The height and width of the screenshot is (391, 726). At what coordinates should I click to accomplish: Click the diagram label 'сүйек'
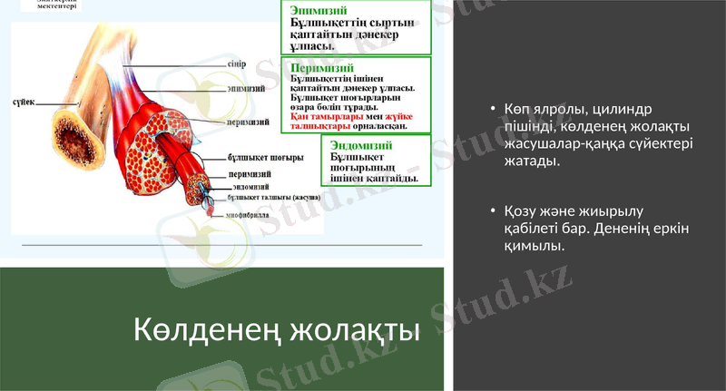(x=25, y=103)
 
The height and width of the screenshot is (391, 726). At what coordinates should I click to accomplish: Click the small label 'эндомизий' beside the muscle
(x=247, y=186)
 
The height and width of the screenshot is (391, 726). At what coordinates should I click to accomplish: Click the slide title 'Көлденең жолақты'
(x=277, y=329)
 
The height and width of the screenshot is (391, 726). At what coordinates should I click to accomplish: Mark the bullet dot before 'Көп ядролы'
(x=492, y=109)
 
